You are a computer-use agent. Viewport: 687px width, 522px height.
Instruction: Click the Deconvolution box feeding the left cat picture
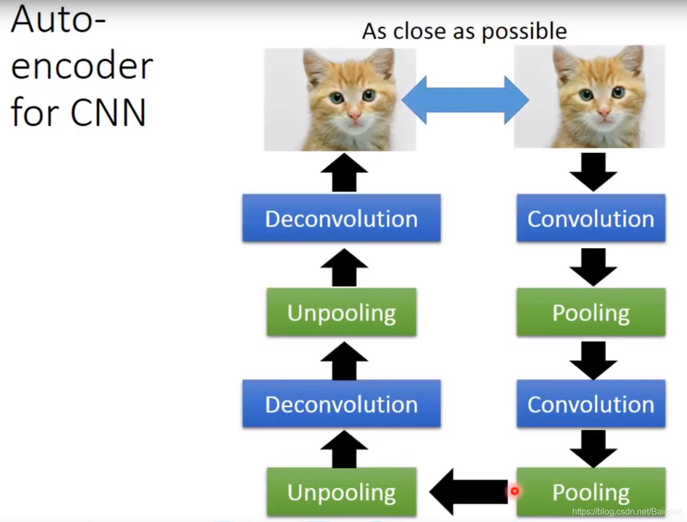point(341,218)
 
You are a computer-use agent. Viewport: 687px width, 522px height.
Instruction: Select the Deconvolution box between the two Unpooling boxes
point(341,404)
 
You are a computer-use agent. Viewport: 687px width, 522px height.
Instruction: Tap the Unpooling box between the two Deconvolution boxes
point(341,312)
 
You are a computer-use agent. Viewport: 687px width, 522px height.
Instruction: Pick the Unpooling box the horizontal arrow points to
point(341,492)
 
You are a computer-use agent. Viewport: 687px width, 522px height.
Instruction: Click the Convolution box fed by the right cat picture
point(591,218)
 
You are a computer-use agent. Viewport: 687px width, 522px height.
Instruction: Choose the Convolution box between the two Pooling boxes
point(591,404)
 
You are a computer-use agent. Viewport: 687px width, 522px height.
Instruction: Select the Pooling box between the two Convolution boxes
point(591,312)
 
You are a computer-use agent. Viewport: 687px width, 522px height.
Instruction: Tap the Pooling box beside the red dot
point(591,492)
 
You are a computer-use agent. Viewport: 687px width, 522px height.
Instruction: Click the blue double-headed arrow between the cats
point(465,100)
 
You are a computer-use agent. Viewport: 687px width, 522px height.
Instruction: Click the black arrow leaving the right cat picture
point(593,171)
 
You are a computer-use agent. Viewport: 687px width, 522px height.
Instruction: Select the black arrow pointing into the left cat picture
point(344,173)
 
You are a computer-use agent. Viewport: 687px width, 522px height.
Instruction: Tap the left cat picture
point(340,99)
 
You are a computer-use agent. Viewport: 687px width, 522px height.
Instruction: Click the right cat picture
point(589,97)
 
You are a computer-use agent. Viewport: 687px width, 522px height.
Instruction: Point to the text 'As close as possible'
point(464,31)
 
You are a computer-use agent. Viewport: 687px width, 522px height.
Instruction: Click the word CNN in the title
point(108,112)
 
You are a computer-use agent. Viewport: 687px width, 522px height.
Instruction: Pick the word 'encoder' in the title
point(82,66)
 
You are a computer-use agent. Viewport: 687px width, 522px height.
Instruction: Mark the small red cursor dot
point(514,491)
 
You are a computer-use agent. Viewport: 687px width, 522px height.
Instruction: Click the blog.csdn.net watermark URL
point(626,512)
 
